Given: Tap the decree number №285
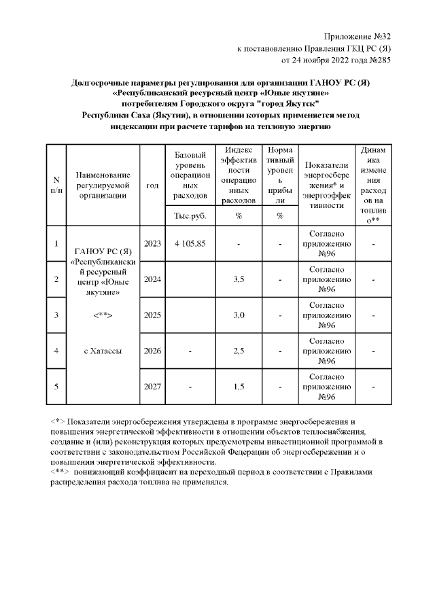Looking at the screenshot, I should tap(377, 60).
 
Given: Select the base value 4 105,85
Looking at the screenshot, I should tap(190, 243).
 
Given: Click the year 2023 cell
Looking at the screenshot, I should tap(152, 243).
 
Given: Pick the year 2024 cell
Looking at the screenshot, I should tap(152, 279).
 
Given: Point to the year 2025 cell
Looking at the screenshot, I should tap(152, 315).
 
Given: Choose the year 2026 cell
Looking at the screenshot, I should tap(152, 351).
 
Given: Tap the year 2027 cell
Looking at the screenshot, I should tap(152, 387).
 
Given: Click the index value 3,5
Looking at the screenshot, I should tap(239, 279).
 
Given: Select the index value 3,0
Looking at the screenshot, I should tap(239, 315).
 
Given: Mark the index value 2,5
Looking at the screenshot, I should tap(239, 351).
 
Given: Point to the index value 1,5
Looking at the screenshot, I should tap(239, 387).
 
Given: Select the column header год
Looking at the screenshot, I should tap(152, 184).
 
